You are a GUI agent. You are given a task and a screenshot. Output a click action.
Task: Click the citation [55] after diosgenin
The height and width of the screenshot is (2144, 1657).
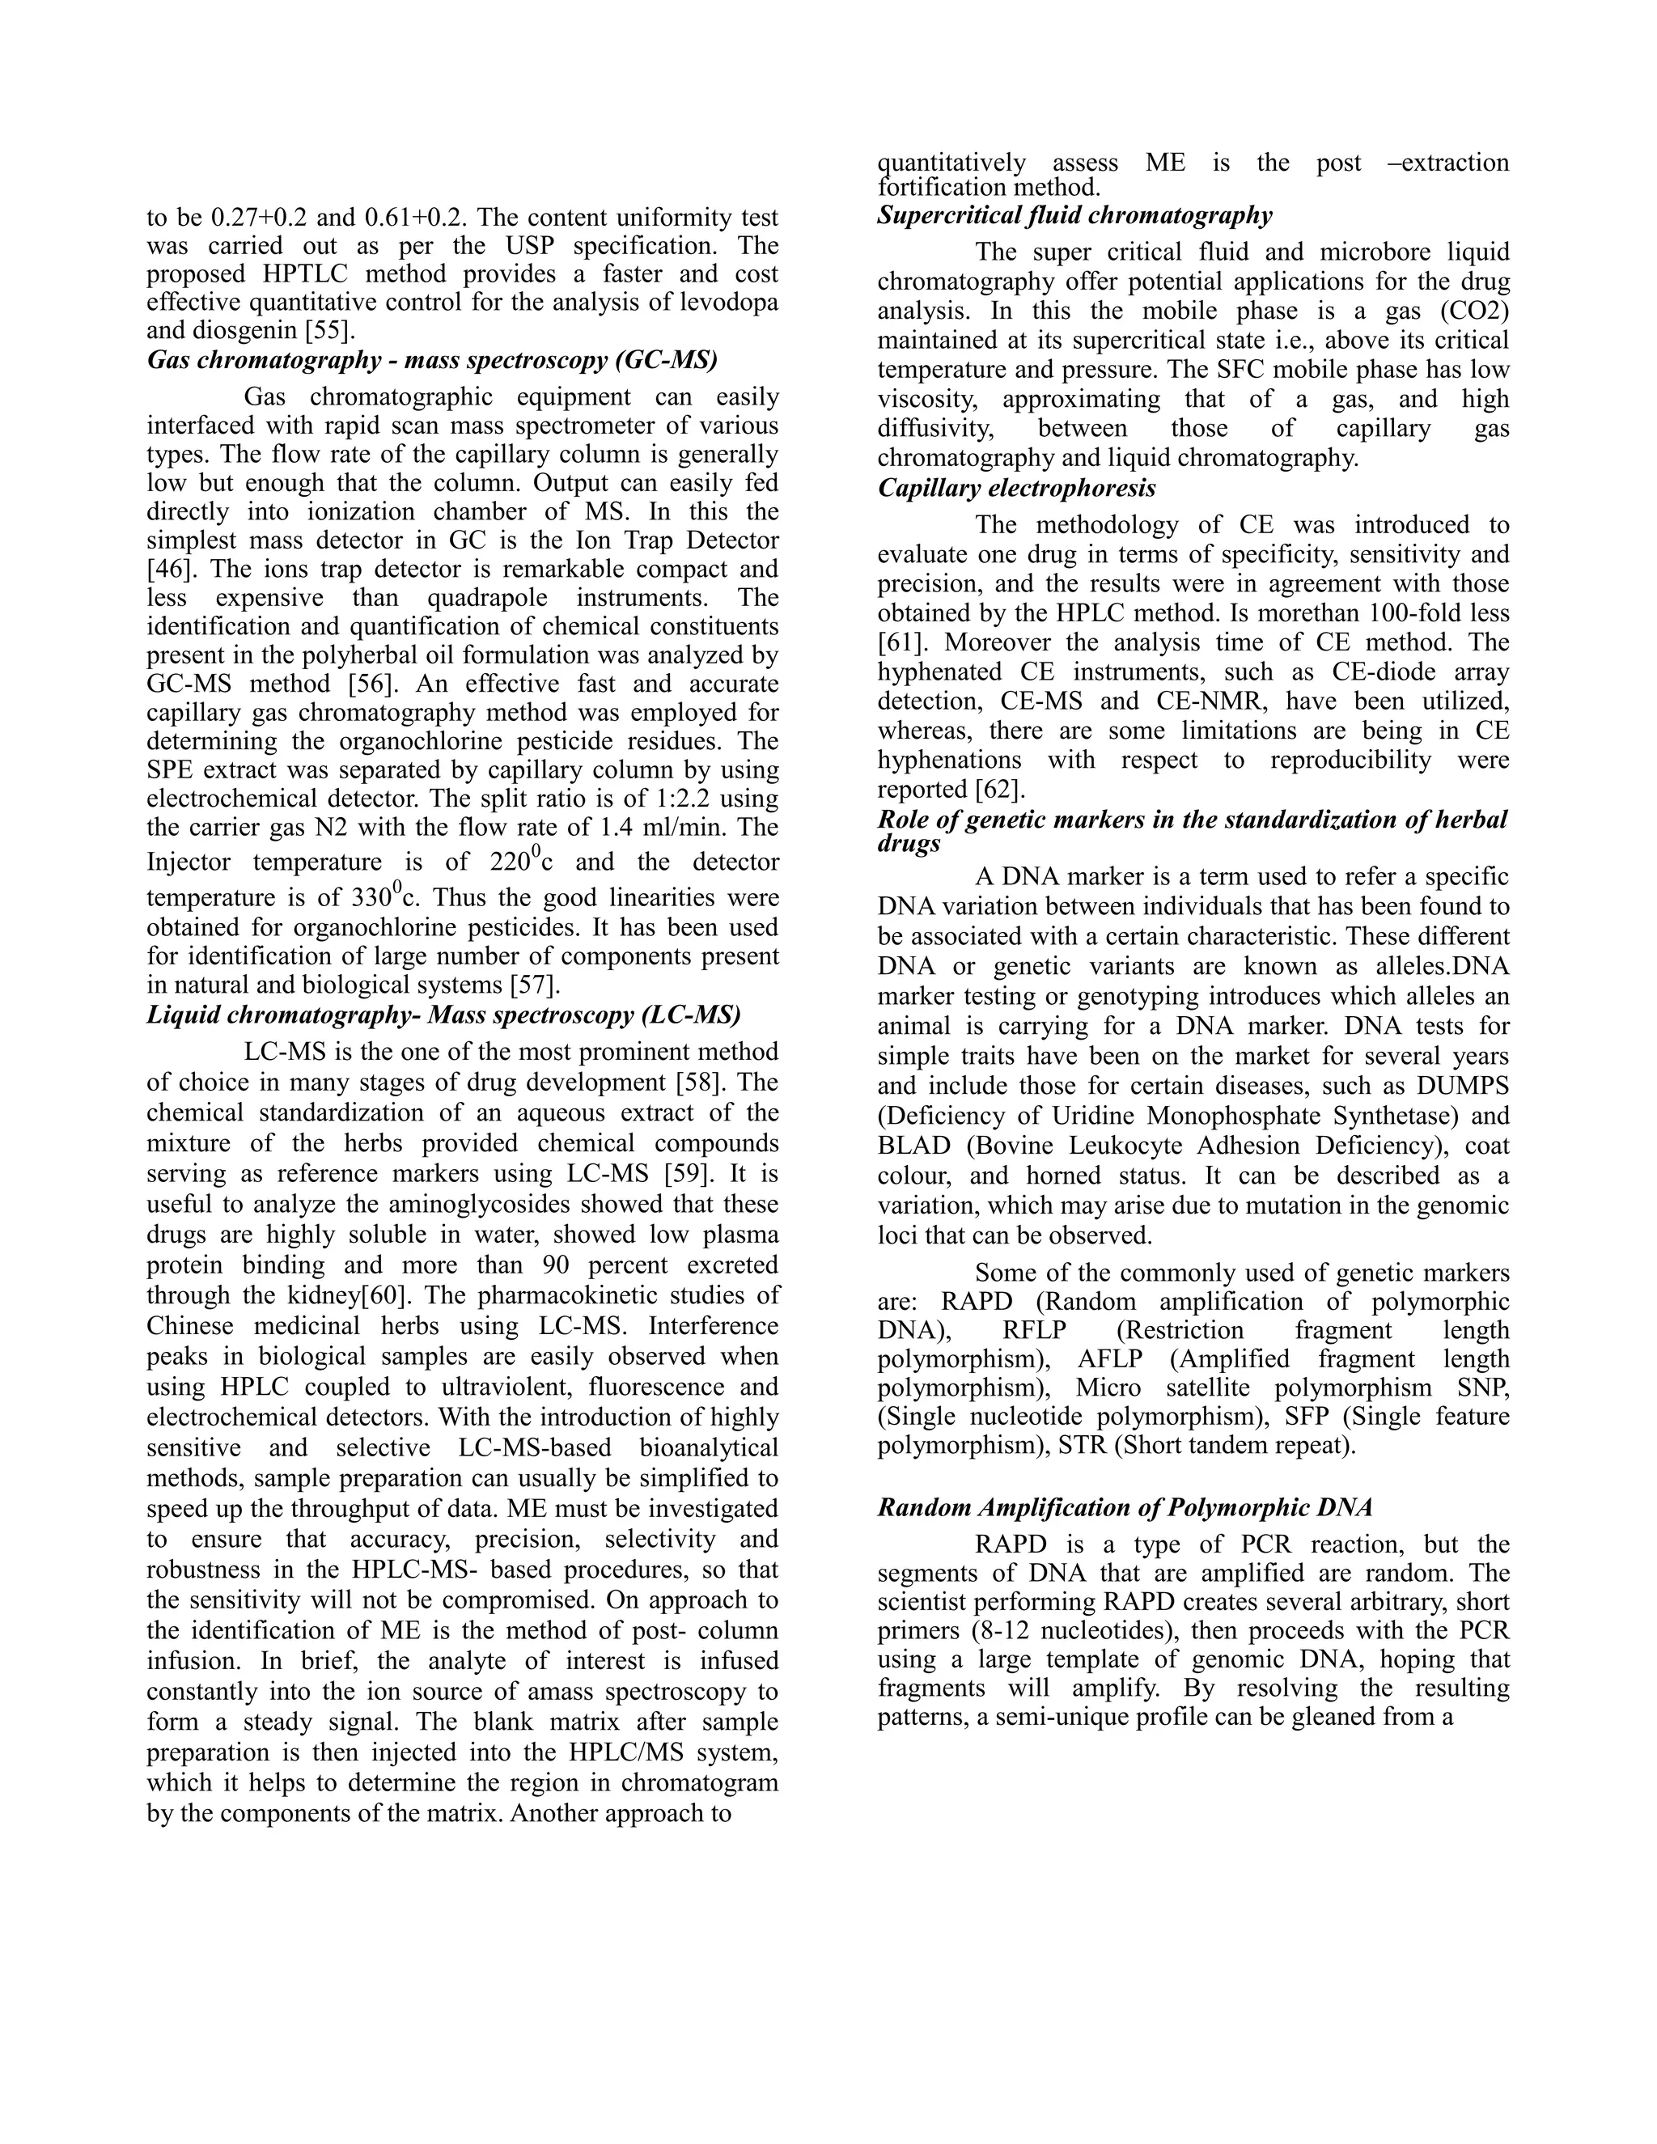tap(330, 331)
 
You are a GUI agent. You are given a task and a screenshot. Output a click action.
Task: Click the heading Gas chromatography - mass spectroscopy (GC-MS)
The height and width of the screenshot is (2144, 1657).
tap(432, 360)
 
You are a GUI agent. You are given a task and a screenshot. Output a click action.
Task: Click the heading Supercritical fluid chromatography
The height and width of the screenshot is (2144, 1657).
tap(1075, 215)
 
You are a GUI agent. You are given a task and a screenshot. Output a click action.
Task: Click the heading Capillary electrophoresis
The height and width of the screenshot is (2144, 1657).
tap(1016, 488)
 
